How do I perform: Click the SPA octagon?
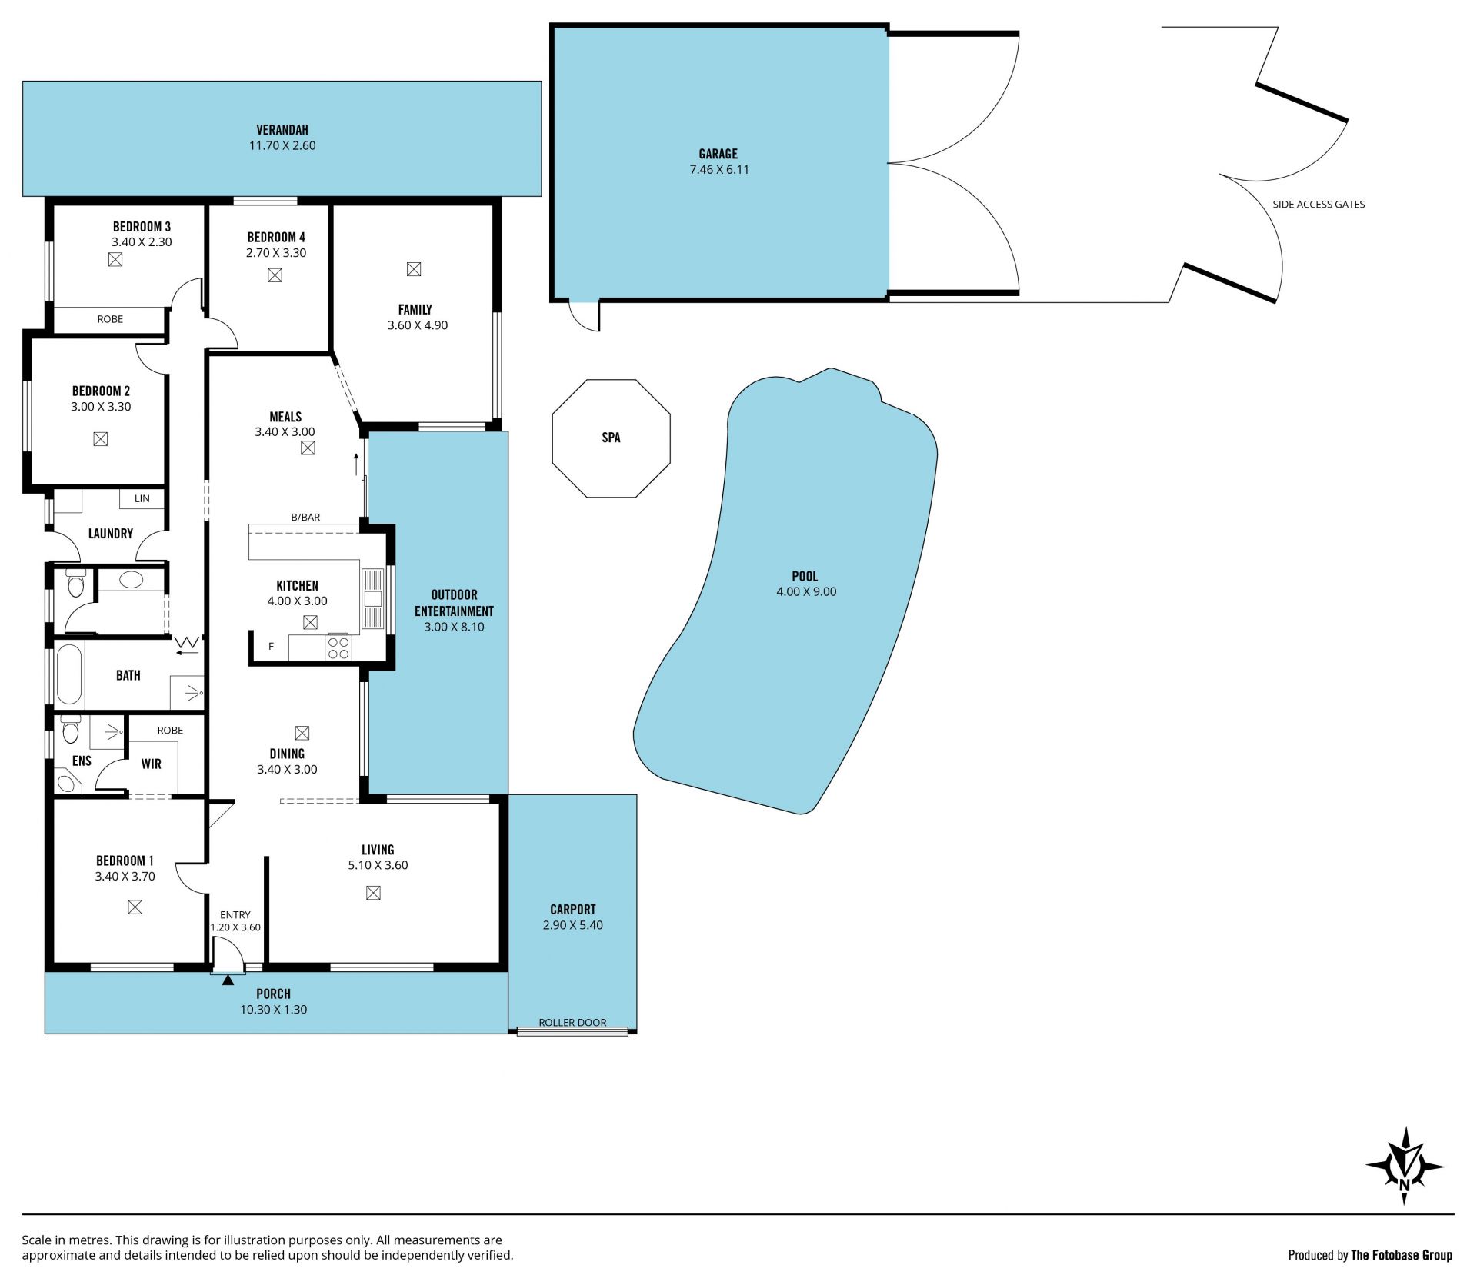point(611,438)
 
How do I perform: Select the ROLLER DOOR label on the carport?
point(572,1023)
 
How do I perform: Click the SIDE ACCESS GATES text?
point(1319,205)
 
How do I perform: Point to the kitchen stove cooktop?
point(338,647)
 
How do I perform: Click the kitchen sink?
point(372,599)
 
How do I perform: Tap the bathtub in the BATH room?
point(68,674)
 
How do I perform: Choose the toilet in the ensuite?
point(71,729)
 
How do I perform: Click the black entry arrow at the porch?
point(228,980)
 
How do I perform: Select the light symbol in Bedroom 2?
point(100,439)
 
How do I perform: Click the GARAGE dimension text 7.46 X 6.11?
point(719,170)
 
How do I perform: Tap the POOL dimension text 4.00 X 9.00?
point(806,592)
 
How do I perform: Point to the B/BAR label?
point(305,518)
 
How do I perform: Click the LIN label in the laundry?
point(142,498)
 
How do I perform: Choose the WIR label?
point(151,764)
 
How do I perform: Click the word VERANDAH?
point(282,130)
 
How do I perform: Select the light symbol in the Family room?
point(414,269)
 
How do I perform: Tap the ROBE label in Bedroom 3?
point(110,319)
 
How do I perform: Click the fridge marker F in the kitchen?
point(271,647)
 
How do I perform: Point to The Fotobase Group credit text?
point(1402,1256)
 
